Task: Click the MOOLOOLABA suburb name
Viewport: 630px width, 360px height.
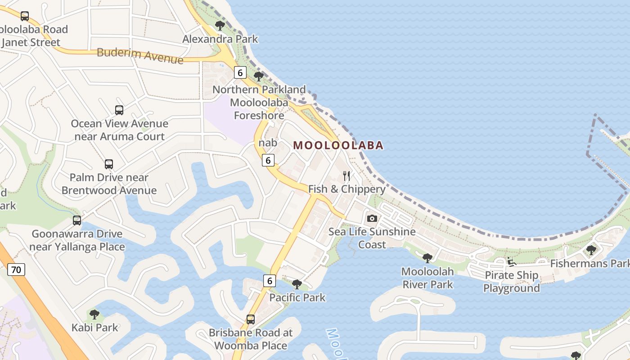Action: [x=338, y=145]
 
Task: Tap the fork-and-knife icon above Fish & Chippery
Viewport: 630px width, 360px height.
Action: [x=346, y=175]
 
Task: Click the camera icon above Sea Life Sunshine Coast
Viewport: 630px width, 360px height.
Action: [x=372, y=218]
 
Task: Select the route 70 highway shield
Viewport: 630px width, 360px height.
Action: [x=16, y=270]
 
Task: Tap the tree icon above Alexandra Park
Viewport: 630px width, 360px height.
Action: [x=220, y=25]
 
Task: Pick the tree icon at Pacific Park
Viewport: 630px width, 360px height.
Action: [x=297, y=284]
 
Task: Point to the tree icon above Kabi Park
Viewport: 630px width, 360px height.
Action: [x=94, y=314]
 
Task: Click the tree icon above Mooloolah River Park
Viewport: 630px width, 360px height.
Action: [x=427, y=258]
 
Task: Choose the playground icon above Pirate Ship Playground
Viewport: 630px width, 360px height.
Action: [x=511, y=261]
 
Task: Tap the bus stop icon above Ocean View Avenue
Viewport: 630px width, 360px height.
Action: [x=119, y=110]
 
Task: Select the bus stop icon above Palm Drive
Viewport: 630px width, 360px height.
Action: [x=109, y=164]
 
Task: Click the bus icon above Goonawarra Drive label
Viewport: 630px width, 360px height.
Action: [x=77, y=220]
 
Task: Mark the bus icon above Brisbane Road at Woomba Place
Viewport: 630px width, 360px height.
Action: [x=251, y=319]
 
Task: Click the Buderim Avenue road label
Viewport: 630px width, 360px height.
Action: [x=140, y=55]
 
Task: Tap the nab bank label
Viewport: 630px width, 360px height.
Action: [x=268, y=143]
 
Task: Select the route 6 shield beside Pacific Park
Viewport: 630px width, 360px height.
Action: [x=269, y=281]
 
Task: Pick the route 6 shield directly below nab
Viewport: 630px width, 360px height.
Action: [x=268, y=160]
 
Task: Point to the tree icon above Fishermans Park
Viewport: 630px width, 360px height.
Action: [x=591, y=250]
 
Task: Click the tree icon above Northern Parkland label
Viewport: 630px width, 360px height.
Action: [x=259, y=76]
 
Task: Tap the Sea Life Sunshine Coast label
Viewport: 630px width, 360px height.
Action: [x=372, y=238]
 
